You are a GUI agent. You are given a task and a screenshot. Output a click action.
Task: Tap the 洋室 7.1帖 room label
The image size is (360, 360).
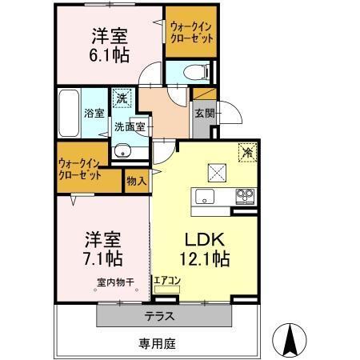103,248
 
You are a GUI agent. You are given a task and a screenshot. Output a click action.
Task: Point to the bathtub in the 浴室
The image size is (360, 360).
69,112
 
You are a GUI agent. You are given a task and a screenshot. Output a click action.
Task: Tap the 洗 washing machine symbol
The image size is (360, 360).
121,98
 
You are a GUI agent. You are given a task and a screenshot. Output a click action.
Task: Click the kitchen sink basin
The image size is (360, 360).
206,197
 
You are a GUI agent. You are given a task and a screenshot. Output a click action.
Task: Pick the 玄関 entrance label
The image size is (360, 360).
203,114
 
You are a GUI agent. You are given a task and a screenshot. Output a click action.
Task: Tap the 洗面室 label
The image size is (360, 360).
129,126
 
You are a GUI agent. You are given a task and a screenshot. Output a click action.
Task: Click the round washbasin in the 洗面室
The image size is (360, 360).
122,151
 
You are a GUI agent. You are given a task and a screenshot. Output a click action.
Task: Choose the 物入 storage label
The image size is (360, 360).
136,182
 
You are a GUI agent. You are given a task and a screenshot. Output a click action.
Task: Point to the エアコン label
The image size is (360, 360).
168,281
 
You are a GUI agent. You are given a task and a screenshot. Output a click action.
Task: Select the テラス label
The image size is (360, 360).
159,316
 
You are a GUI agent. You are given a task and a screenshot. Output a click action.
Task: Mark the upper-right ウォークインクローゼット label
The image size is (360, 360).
191,31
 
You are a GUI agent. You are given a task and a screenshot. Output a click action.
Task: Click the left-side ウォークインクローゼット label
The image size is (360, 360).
79,169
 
